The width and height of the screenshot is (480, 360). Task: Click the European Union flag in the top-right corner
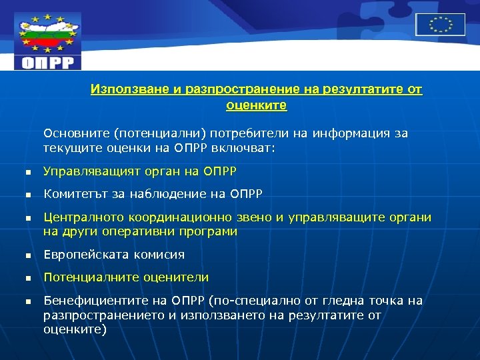tap(440, 25)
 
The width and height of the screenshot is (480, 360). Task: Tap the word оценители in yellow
tap(179, 277)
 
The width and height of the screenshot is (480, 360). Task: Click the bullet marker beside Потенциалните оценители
tap(28, 278)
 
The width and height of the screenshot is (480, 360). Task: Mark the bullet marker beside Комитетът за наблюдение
tap(28, 195)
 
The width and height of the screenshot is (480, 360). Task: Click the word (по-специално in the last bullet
tap(243, 301)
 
